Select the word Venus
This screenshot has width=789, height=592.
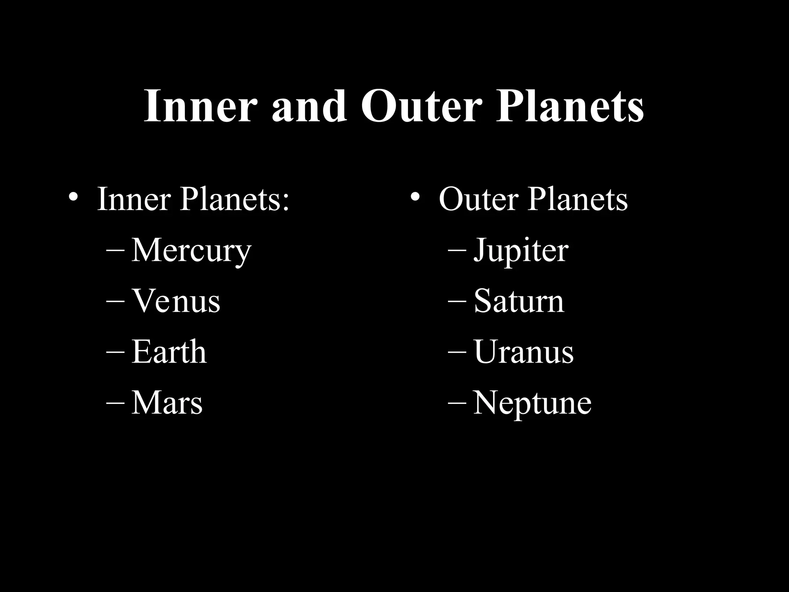[176, 301]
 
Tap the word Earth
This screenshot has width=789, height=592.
[169, 351]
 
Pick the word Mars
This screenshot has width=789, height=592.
[166, 403]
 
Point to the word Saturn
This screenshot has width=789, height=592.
[519, 301]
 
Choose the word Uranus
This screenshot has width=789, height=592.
[523, 351]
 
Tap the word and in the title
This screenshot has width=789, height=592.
[309, 106]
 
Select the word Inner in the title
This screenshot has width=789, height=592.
[200, 106]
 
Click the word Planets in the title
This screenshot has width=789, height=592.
[569, 106]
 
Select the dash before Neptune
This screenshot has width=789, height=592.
[457, 402]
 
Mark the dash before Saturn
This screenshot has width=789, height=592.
[457, 300]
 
